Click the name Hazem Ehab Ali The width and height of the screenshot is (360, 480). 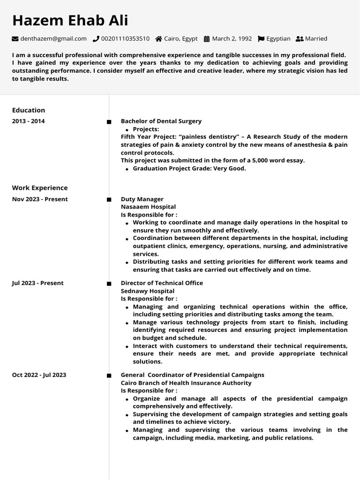click(x=70, y=21)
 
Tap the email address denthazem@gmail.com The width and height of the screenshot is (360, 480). click(x=53, y=39)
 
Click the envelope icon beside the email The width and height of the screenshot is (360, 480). click(x=15, y=39)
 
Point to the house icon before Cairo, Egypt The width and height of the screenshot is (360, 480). click(x=159, y=39)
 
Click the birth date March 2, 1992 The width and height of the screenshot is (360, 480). click(x=232, y=39)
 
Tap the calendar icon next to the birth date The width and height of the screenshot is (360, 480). click(x=207, y=39)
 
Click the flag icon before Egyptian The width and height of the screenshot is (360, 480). click(x=261, y=39)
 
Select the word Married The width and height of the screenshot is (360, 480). click(x=316, y=39)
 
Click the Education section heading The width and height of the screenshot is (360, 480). click(x=29, y=110)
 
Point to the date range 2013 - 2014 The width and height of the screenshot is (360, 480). click(x=28, y=121)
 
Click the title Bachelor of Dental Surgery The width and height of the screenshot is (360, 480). click(x=161, y=121)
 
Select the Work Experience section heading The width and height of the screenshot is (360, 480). click(x=40, y=188)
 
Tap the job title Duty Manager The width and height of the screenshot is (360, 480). click(x=142, y=199)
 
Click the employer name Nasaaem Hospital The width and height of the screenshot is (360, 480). click(x=148, y=207)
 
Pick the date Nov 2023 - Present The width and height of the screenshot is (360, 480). click(x=40, y=199)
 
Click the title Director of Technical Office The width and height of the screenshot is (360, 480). click(x=162, y=283)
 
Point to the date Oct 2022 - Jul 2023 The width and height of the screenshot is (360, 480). click(x=39, y=375)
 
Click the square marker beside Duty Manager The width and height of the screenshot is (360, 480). click(x=109, y=200)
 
